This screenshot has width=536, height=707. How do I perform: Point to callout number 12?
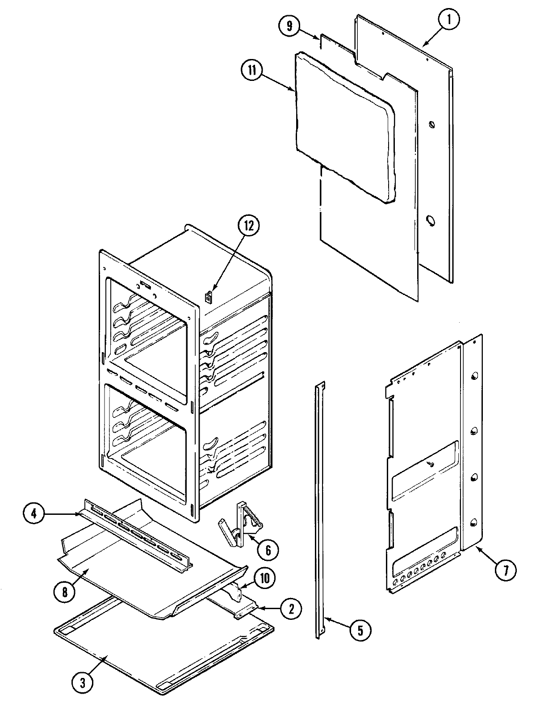[x=248, y=226]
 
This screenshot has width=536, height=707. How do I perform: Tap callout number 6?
[x=268, y=549]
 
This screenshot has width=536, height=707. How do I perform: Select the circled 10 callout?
[x=264, y=577]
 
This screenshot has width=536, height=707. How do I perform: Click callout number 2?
[x=291, y=609]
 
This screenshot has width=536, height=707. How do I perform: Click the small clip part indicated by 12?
[x=209, y=297]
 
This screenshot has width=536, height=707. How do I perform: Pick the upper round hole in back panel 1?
[x=431, y=124]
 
